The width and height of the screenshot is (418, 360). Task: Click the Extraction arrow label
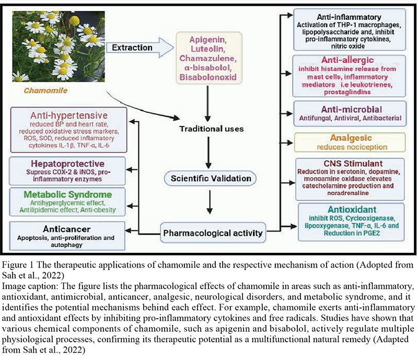[x=132, y=48]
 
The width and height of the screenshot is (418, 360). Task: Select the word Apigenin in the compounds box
[x=208, y=40]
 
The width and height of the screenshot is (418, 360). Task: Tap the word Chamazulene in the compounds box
[x=208, y=59]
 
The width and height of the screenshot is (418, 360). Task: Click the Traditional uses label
[x=212, y=129]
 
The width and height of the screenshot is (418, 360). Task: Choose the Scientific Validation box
[x=211, y=178]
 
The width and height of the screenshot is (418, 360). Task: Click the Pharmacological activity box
[x=213, y=233]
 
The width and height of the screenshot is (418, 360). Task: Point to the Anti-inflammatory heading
[x=349, y=17]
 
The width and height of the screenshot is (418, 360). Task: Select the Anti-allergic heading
[x=347, y=60]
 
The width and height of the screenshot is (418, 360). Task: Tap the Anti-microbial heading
[x=351, y=109]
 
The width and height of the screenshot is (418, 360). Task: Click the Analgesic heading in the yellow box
[x=351, y=138]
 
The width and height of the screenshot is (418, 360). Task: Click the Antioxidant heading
[x=352, y=210]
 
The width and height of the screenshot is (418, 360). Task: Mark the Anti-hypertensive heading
[x=69, y=115]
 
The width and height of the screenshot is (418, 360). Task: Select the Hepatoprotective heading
[x=67, y=164]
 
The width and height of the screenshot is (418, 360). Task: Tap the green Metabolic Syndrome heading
[x=68, y=194]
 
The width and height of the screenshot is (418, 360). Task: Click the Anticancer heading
[x=67, y=229]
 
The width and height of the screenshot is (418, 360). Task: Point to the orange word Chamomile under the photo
[x=45, y=91]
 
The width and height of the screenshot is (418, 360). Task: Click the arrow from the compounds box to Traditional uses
[x=207, y=103]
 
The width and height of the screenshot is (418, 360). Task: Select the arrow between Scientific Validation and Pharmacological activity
[x=210, y=202]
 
